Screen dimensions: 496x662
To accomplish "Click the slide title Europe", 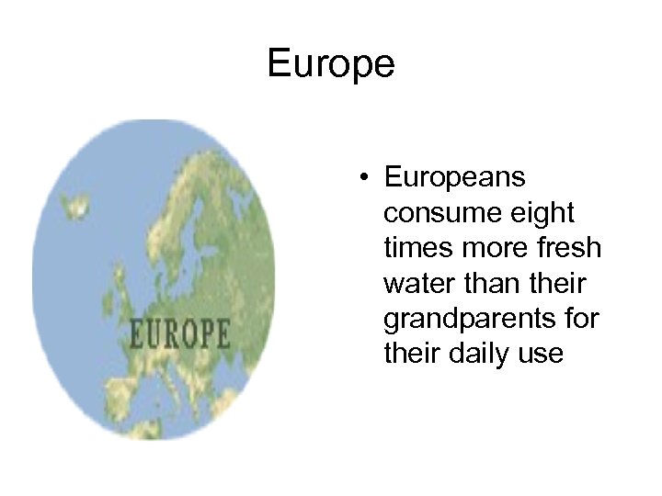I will (331, 64).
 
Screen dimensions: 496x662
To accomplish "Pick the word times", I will (412, 248).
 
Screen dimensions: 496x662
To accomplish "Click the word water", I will (413, 284).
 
